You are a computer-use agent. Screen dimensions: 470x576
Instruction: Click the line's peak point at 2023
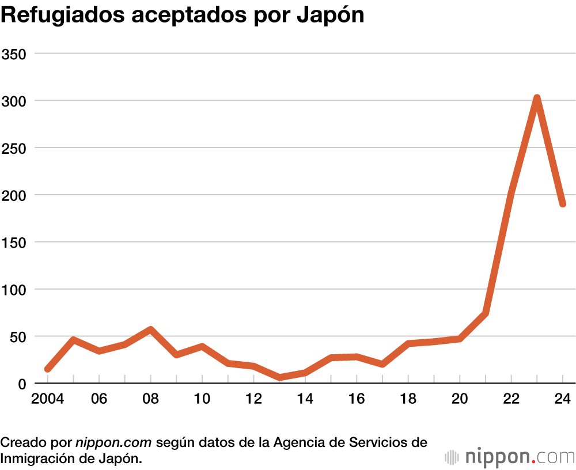[537, 99]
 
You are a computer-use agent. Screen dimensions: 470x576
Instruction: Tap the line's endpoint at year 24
[562, 203]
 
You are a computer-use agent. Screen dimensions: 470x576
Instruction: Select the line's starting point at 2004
[48, 369]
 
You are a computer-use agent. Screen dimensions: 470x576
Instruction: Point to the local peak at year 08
[150, 330]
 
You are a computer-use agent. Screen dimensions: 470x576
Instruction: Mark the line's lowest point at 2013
[279, 378]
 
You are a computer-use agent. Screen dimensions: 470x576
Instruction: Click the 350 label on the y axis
[16, 54]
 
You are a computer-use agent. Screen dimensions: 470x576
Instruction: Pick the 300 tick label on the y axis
[16, 101]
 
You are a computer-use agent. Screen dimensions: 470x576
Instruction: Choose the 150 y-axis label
[16, 242]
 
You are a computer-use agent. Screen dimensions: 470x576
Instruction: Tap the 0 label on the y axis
[23, 384]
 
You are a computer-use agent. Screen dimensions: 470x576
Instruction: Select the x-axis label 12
[253, 399]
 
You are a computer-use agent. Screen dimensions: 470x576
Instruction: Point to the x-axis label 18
[408, 399]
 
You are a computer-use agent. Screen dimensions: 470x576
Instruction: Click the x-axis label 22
[511, 399]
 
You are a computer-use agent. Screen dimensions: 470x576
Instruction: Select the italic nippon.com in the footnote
[113, 443]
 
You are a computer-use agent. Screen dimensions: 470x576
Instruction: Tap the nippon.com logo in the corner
[510, 457]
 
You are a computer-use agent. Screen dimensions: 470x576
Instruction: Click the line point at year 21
[485, 314]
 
